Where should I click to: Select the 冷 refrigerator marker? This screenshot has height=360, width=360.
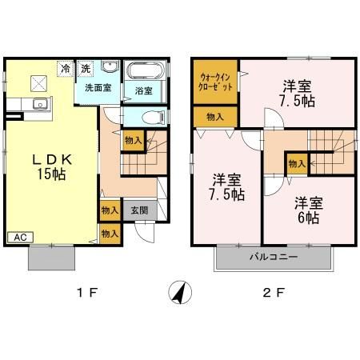(64, 69)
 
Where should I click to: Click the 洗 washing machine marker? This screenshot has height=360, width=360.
(85, 69)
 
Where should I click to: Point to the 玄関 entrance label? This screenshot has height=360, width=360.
(138, 211)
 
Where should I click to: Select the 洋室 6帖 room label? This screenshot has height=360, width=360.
(306, 210)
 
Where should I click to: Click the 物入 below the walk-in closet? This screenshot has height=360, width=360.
(215, 117)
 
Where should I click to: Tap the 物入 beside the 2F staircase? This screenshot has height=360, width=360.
(296, 164)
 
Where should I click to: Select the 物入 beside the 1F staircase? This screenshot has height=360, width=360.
(133, 141)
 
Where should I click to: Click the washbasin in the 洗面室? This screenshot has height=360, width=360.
(110, 69)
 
